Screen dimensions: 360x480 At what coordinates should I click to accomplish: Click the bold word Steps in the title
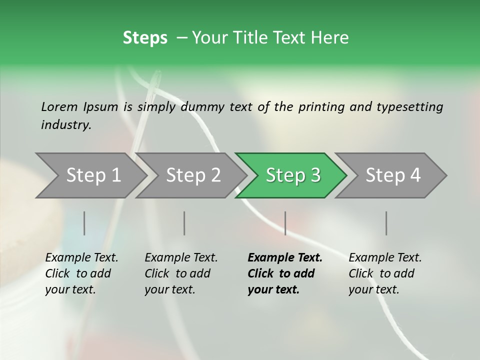pos(145,37)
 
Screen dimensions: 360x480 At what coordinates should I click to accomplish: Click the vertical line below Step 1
pos(84,223)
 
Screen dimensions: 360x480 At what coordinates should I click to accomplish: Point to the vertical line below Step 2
pos(184,223)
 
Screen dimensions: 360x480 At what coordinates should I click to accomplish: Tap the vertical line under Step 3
pos(285,223)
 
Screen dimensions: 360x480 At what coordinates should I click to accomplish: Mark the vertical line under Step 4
pos(386,223)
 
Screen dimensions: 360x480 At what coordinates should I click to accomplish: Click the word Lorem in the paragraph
pos(59,106)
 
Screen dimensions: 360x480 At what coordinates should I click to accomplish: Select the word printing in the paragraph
pos(320,106)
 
